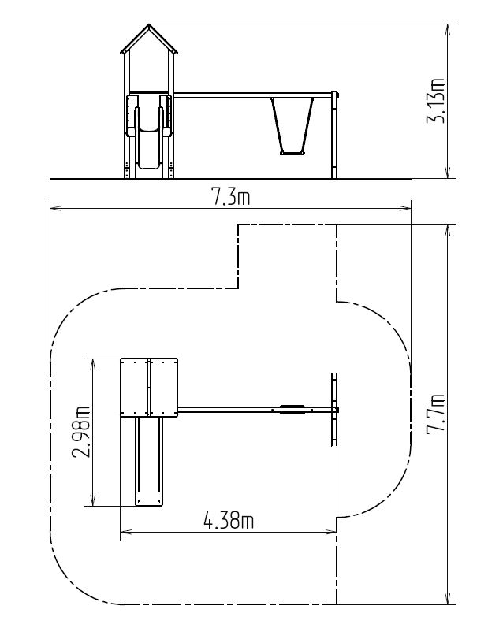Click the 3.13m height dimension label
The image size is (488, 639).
[435, 101]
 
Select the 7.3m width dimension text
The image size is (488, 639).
[230, 198]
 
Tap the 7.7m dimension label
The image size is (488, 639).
[435, 420]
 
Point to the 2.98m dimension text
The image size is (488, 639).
[81, 433]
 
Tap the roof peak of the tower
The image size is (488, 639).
[149, 25]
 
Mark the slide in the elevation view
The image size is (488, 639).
[148, 132]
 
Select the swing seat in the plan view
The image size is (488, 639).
[292, 410]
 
